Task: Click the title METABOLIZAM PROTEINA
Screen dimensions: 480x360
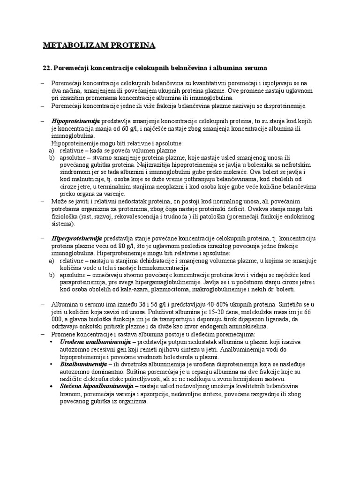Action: click(x=98, y=45)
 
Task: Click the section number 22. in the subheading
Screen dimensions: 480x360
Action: click(x=47, y=68)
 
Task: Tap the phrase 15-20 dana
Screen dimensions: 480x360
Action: click(x=242, y=312)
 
